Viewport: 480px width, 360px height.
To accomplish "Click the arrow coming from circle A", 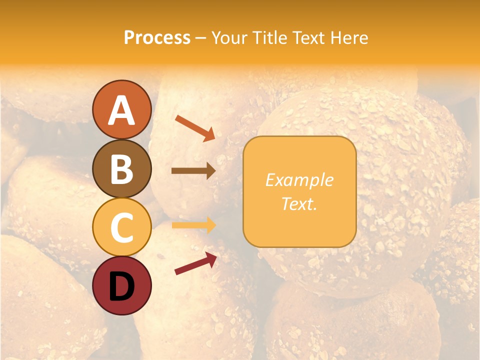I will (195, 127).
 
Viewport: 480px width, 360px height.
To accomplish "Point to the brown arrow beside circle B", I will (193, 171).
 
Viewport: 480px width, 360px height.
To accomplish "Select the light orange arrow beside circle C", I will (193, 225).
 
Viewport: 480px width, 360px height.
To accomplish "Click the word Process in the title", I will (157, 37).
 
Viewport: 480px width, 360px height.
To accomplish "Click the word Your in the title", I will (228, 37).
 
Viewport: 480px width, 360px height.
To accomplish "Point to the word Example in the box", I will (299, 180).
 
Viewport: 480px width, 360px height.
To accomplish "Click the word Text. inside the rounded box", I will (299, 203).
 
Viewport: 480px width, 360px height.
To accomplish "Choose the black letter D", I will (121, 286).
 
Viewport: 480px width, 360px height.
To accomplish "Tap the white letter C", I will (121, 228).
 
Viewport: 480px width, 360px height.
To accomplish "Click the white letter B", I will (121, 169).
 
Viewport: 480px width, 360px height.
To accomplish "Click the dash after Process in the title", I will (200, 38).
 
